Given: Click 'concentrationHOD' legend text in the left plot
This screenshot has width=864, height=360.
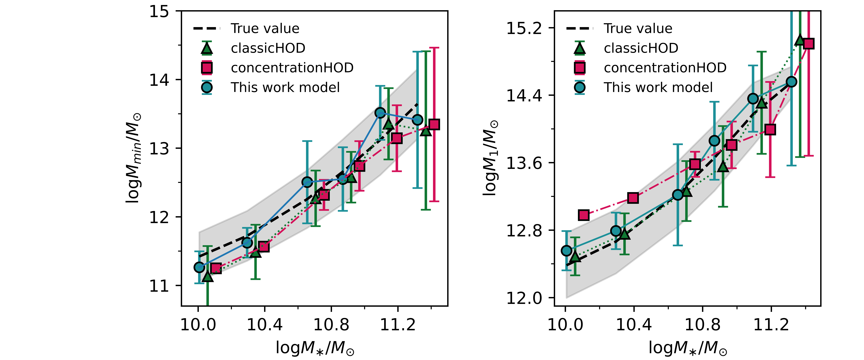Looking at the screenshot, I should pos(292,68).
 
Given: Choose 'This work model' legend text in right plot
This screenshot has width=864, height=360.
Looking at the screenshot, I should pos(658,88).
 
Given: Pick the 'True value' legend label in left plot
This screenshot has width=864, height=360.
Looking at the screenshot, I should pos(265,28).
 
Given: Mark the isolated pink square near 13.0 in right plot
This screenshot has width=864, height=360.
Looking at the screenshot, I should pos(584,215).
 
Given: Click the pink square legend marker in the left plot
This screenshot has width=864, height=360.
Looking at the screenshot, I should pos(207,68).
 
